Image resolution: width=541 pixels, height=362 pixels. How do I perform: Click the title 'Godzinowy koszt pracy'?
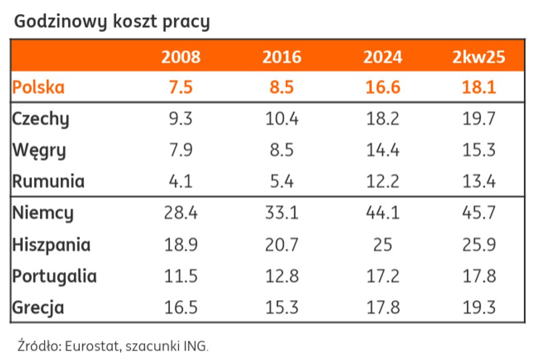pos(112,22)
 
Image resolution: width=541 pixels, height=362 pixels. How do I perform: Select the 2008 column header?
pos(181,57)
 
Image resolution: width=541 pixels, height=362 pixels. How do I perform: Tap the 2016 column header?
pos(282,57)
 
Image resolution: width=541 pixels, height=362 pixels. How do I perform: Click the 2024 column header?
pos(383,57)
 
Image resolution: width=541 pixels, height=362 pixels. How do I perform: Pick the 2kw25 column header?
pos(479,57)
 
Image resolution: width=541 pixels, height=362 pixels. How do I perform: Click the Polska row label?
pos(39,88)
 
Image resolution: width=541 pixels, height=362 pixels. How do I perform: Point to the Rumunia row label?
pos(48,181)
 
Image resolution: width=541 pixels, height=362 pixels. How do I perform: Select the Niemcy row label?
pos(43,213)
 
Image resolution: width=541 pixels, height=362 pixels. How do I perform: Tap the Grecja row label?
pos(39,307)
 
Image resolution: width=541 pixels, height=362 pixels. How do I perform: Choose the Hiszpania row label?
pos(52,244)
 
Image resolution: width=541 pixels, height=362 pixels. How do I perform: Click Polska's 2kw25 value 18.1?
pos(479,88)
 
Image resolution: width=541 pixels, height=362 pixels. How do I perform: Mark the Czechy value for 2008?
pos(181,119)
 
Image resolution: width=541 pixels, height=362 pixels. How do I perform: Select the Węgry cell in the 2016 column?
pos(282,150)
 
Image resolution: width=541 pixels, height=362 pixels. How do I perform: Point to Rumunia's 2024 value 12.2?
pos(383,181)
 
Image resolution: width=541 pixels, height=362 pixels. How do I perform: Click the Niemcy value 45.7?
pos(479,213)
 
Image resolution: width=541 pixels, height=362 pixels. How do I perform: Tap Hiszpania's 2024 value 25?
pos(383,244)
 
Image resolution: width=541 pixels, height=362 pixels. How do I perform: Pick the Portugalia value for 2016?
pos(282,276)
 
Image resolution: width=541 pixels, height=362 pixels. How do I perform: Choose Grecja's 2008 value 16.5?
pos(181,307)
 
